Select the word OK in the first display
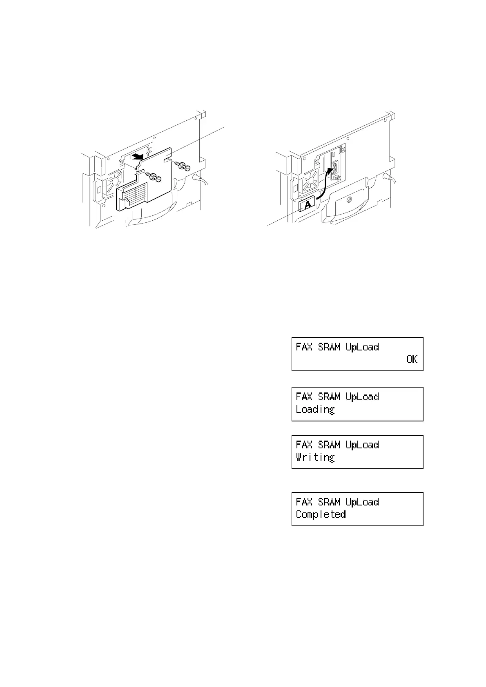412,359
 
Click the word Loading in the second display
315,410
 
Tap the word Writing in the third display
315,458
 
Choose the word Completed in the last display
321,514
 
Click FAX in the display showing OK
304,347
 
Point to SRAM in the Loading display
329,397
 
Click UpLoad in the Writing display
362,445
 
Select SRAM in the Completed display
329,502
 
